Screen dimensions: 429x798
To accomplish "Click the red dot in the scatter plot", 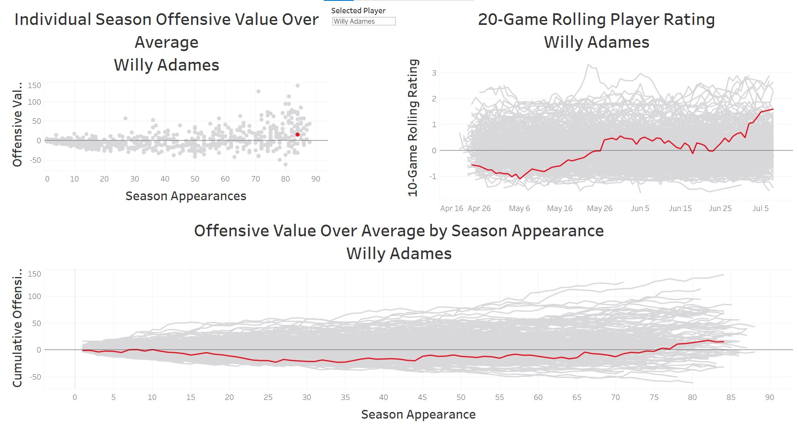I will point(297,135).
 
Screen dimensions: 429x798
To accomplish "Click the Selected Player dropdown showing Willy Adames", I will point(364,21).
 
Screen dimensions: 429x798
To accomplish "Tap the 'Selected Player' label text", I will point(358,11).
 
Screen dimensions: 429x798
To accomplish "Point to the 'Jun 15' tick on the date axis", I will point(680,208).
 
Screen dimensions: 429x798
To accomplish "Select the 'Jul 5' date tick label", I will point(760,208).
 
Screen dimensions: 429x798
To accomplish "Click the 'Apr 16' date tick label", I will point(451,208).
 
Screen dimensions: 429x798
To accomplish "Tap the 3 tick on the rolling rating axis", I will point(434,73).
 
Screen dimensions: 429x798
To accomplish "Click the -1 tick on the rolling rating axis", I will point(433,177).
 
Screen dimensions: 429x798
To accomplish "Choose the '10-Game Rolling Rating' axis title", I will point(413,127).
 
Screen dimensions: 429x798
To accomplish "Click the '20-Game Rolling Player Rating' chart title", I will point(596,20).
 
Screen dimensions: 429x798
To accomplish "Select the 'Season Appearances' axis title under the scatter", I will point(186,196).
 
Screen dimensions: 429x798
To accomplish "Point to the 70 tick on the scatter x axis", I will point(255,179).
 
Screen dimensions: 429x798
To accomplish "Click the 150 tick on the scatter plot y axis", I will point(34,86).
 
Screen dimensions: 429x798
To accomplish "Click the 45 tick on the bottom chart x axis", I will point(422,397).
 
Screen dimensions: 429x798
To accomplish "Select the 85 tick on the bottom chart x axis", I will point(731,397).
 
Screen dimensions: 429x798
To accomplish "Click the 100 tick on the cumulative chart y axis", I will point(34,297).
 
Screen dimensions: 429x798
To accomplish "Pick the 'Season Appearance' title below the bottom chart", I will point(418,414).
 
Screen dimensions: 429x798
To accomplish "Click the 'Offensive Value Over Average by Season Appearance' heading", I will point(399,231).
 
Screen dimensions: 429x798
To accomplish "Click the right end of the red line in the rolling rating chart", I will point(773,109).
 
